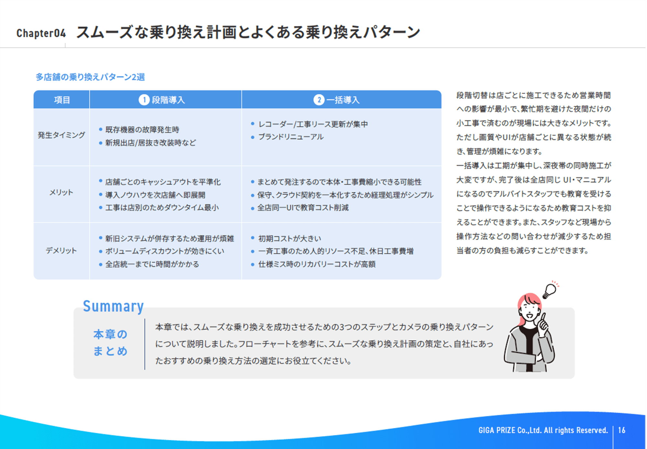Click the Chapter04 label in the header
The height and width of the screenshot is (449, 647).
(x=41, y=33)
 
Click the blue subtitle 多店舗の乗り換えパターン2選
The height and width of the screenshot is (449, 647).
(x=90, y=77)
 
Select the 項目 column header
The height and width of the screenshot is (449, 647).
(x=62, y=100)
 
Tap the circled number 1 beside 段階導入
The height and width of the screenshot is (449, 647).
(x=144, y=100)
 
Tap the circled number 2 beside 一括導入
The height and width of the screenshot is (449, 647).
(x=319, y=100)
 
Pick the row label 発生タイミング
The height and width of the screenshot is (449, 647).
(x=61, y=135)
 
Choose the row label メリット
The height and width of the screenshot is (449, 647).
(x=61, y=192)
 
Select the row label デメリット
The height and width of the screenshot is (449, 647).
(x=61, y=250)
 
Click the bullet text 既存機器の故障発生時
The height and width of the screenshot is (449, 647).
(x=142, y=130)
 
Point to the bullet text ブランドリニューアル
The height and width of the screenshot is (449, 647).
(x=291, y=137)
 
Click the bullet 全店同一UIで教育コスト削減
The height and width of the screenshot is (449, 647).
(x=303, y=208)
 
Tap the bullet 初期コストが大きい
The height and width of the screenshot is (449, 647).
(x=290, y=238)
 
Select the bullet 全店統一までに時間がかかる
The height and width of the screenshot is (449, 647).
(x=152, y=264)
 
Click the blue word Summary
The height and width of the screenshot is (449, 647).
(x=113, y=306)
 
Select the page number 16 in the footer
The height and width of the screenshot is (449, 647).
(x=621, y=430)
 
